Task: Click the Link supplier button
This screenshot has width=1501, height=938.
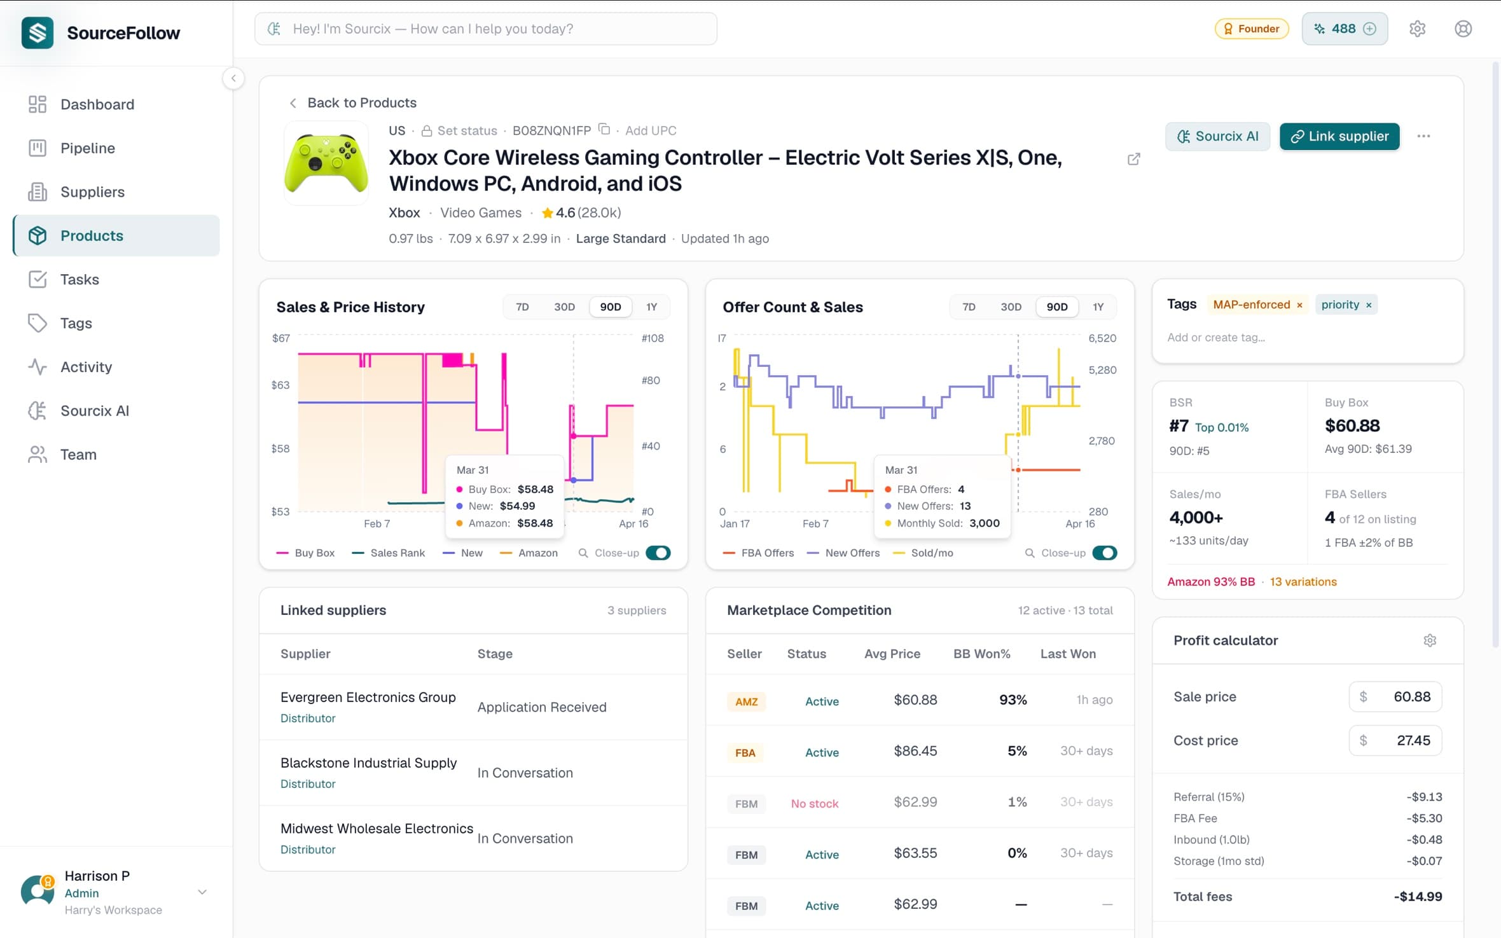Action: coord(1339,136)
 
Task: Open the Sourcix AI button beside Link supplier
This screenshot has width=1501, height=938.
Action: coord(1217,136)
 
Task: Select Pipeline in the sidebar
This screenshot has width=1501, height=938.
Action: coord(88,148)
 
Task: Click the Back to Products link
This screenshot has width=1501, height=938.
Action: coord(361,102)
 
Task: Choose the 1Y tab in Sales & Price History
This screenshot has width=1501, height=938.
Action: coord(651,307)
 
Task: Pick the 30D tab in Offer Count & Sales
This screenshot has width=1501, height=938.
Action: coord(1010,307)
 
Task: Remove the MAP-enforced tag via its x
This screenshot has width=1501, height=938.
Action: coord(1299,305)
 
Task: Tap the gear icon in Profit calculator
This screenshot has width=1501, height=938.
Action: coord(1429,640)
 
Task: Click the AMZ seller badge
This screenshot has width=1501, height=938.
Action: coord(746,701)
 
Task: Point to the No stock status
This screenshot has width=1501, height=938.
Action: coord(814,803)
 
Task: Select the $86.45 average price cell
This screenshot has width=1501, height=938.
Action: coord(915,751)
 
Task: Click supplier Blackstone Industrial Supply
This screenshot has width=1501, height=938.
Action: coord(368,762)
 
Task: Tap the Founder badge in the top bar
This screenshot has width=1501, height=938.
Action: coord(1251,29)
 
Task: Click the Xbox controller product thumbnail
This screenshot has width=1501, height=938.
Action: coord(326,163)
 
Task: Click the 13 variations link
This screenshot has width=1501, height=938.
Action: coord(1303,581)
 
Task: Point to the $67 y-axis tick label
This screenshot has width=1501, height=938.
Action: coord(280,338)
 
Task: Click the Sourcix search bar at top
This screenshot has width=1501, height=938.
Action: coord(486,29)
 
